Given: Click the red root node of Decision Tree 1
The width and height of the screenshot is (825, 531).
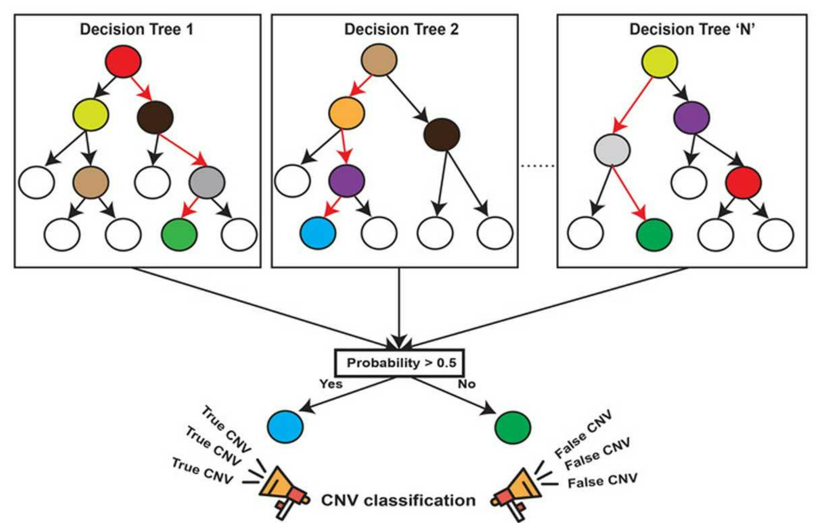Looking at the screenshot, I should point(123,61).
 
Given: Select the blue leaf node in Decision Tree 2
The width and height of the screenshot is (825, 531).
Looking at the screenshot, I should point(318,233).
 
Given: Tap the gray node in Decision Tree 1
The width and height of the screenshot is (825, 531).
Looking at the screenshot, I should point(207,182).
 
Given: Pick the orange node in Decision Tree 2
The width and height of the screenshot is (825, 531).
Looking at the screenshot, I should point(346,113).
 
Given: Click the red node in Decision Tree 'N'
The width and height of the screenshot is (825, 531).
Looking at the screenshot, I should point(743,182).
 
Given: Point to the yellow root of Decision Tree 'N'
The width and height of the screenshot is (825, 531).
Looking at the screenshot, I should point(659,61).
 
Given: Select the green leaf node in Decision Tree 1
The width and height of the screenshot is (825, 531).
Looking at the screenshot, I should point(179,234).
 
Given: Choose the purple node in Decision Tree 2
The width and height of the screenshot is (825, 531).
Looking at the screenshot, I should point(346,181).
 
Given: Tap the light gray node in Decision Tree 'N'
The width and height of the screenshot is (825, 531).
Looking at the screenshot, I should point(612,150).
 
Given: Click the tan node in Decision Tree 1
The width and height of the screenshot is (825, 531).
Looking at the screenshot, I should point(91,182).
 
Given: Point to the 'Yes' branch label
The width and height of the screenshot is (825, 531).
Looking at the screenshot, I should point(331,383).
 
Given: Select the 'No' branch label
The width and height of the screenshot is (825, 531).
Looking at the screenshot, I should point(466,383).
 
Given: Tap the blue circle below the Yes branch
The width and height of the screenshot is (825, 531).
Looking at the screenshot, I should point(285,426).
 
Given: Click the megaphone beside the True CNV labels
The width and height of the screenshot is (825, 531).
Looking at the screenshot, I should point(282,492).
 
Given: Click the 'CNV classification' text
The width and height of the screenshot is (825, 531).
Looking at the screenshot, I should point(398,500).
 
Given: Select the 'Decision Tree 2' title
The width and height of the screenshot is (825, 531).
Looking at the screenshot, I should point(402,30).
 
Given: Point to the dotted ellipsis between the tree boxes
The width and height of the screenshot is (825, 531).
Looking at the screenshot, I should point(537,166).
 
